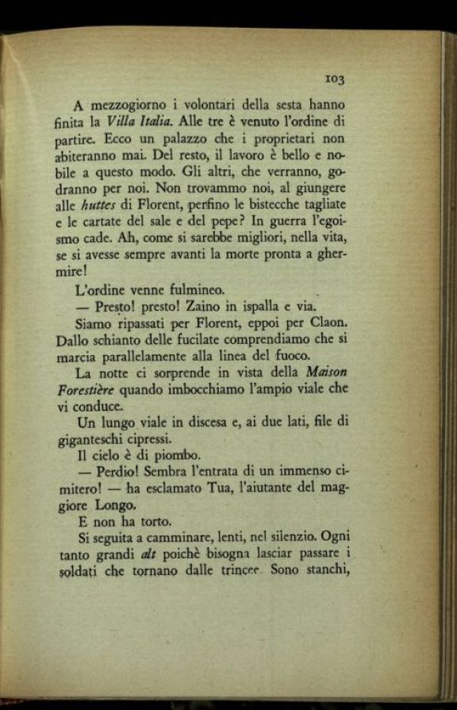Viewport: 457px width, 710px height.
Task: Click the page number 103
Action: coord(334,79)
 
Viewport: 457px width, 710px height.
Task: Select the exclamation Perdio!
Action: coord(116,475)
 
